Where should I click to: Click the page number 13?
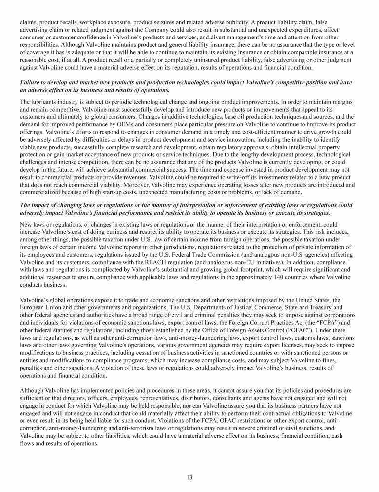189,477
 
